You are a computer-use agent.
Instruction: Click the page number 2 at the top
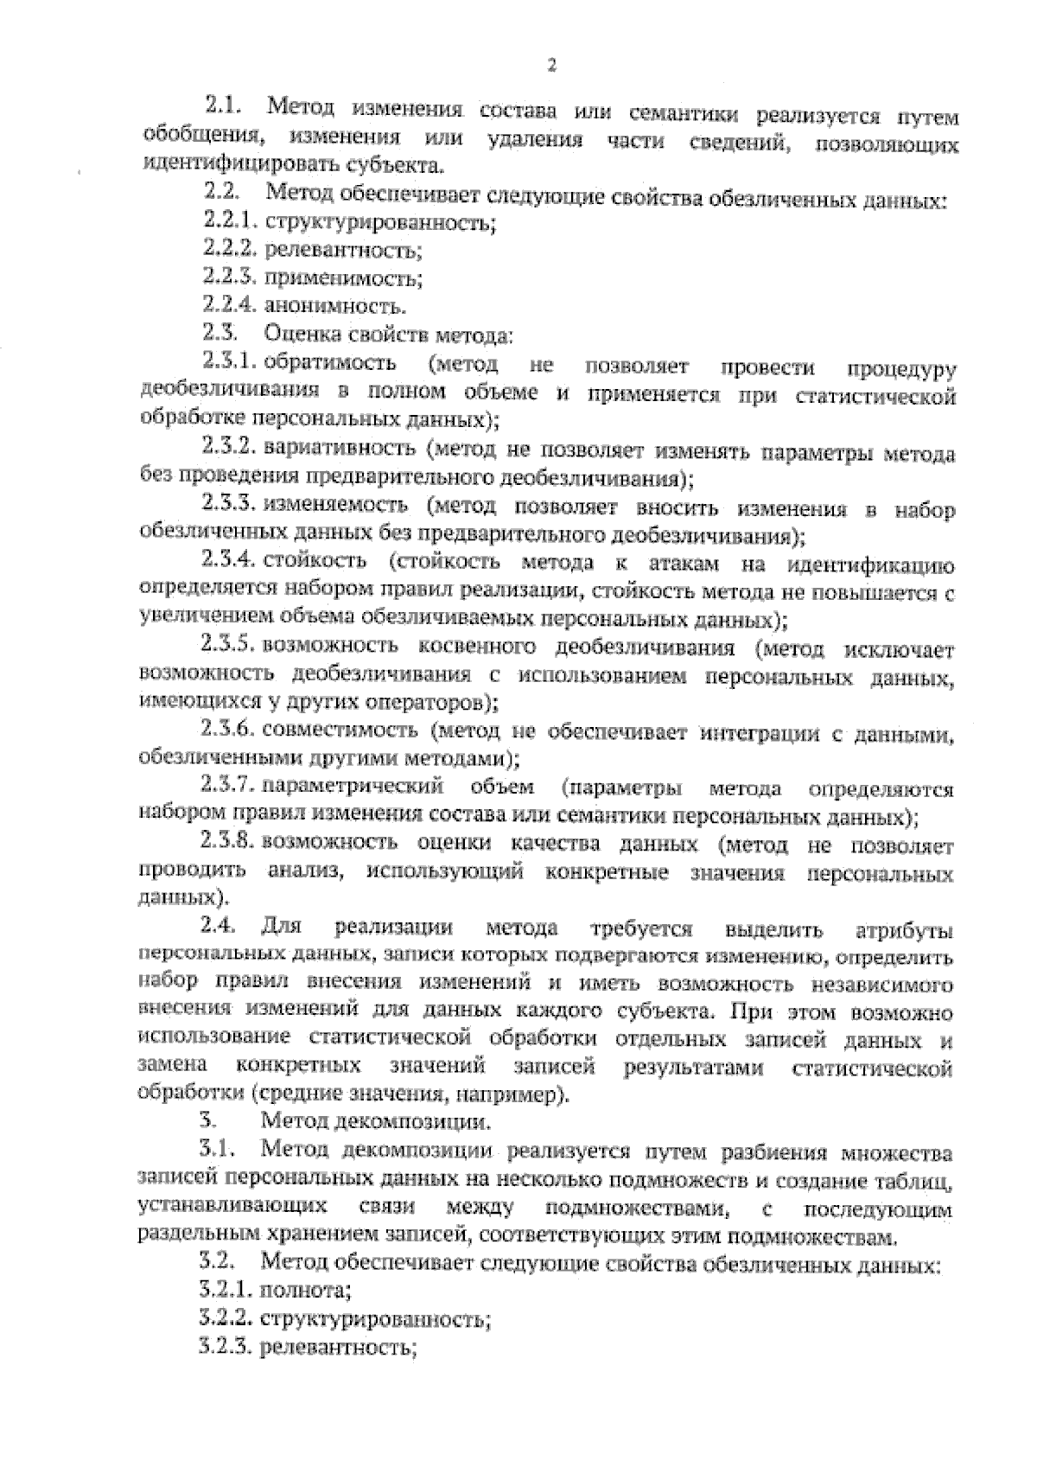point(550,65)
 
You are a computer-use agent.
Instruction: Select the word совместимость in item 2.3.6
point(340,731)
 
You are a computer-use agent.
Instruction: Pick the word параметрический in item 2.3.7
point(353,788)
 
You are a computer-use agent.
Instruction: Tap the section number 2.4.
point(218,928)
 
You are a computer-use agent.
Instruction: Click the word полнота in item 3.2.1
point(304,1292)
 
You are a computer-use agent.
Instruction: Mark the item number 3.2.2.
point(225,1319)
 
